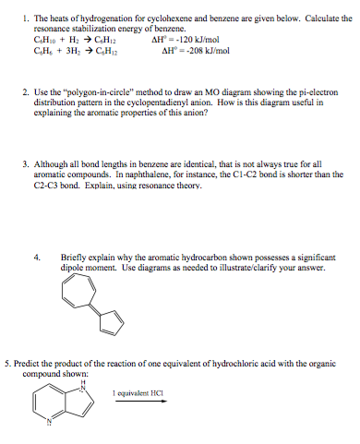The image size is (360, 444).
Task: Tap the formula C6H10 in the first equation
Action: [42, 42]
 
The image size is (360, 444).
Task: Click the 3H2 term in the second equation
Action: [69, 53]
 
